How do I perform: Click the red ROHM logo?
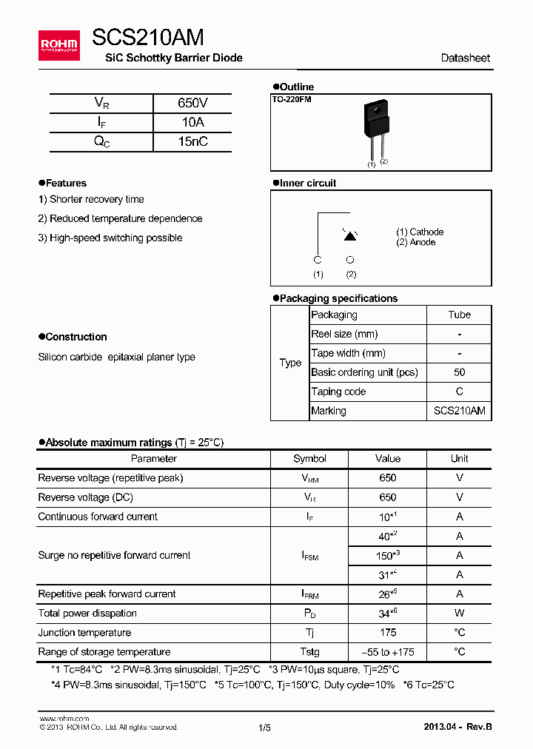pyautogui.click(x=59, y=45)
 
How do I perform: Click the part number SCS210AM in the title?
pyautogui.click(x=148, y=38)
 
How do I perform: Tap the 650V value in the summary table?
pyautogui.click(x=192, y=104)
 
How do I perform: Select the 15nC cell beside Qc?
pyautogui.click(x=192, y=142)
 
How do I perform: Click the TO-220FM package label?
pyautogui.click(x=292, y=99)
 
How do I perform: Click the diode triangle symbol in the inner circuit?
pyautogui.click(x=350, y=235)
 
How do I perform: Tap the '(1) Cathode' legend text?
pyautogui.click(x=420, y=232)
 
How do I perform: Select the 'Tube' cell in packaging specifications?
pyautogui.click(x=459, y=315)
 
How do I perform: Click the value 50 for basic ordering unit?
pyautogui.click(x=459, y=372)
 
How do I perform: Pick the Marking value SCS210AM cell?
pyautogui.click(x=459, y=411)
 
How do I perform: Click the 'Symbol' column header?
pyautogui.click(x=309, y=459)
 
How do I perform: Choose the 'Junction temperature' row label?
pyautogui.click(x=84, y=633)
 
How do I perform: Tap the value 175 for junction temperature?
pyautogui.click(x=387, y=633)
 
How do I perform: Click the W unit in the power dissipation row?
pyautogui.click(x=459, y=614)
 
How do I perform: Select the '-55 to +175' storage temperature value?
pyautogui.click(x=387, y=652)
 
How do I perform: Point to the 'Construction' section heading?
pyautogui.click(x=76, y=337)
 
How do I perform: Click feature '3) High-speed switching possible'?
pyautogui.click(x=110, y=238)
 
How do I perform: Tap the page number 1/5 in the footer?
pyautogui.click(x=265, y=728)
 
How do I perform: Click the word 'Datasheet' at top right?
pyautogui.click(x=465, y=58)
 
